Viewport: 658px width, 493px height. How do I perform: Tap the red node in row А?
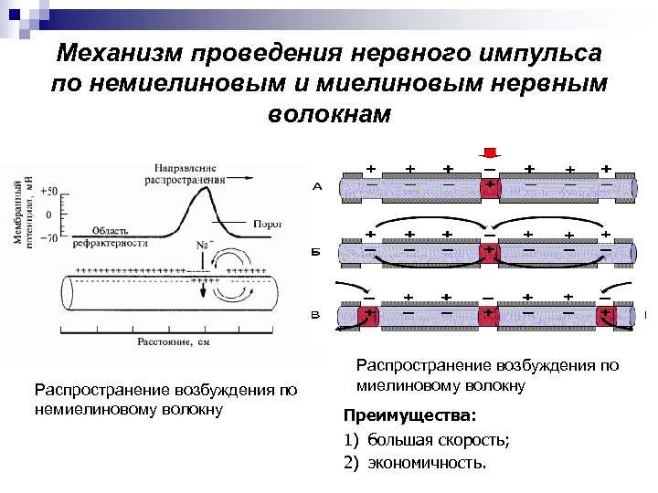click(491, 189)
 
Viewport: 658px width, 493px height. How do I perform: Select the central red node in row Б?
click(491, 251)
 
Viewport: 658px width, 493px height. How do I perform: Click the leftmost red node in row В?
click(370, 317)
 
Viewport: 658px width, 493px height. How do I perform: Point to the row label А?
click(317, 187)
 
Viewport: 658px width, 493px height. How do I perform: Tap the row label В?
click(316, 316)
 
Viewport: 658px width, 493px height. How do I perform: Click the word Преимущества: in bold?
click(409, 415)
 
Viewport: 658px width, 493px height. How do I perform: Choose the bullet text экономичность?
click(427, 462)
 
